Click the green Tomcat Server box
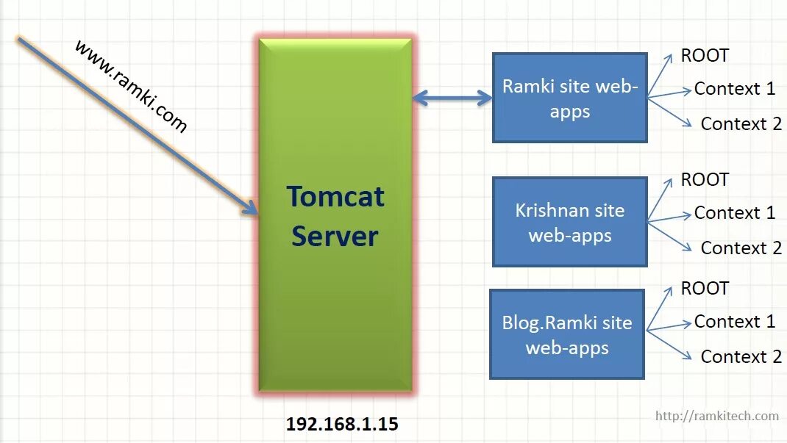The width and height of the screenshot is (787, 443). click(335, 309)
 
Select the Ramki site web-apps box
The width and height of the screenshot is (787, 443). click(569, 98)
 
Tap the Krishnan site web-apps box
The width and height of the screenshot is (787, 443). click(569, 222)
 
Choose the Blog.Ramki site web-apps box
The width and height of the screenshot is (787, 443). click(566, 334)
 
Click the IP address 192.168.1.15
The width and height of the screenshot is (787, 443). click(342, 424)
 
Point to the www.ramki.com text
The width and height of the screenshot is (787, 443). click(131, 86)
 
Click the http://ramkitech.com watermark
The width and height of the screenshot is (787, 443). click(716, 416)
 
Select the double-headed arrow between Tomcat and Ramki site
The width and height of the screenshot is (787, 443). click(452, 97)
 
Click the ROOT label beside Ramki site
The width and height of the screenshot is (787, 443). click(705, 56)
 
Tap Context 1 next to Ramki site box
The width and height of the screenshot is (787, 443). click(734, 89)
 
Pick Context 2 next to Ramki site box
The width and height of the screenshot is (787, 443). click(741, 123)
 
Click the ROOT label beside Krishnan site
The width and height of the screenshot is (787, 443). click(705, 180)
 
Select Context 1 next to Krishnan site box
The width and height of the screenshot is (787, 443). click(734, 213)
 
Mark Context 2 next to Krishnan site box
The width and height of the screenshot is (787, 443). click(741, 248)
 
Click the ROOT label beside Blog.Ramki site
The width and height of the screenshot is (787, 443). click(705, 289)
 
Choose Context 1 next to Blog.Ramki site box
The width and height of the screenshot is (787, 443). click(734, 322)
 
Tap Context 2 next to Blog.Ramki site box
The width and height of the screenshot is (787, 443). click(741, 356)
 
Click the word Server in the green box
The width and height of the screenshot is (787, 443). click(335, 237)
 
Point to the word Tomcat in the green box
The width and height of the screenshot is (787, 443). click(335, 197)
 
